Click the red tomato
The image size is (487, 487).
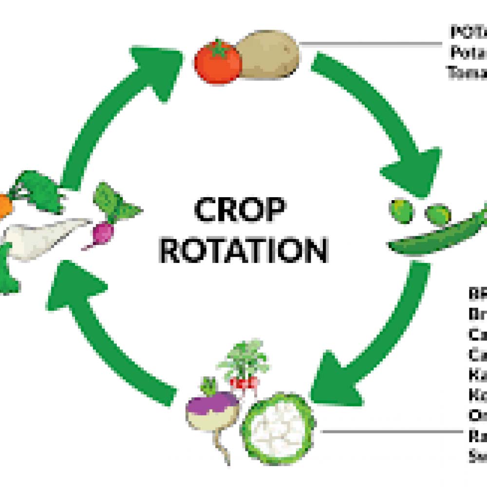(217, 63)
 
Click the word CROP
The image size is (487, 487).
(240, 210)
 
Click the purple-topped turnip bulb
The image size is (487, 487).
(212, 409)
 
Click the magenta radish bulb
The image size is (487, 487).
(103, 232)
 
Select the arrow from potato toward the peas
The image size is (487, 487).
(385, 122)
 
